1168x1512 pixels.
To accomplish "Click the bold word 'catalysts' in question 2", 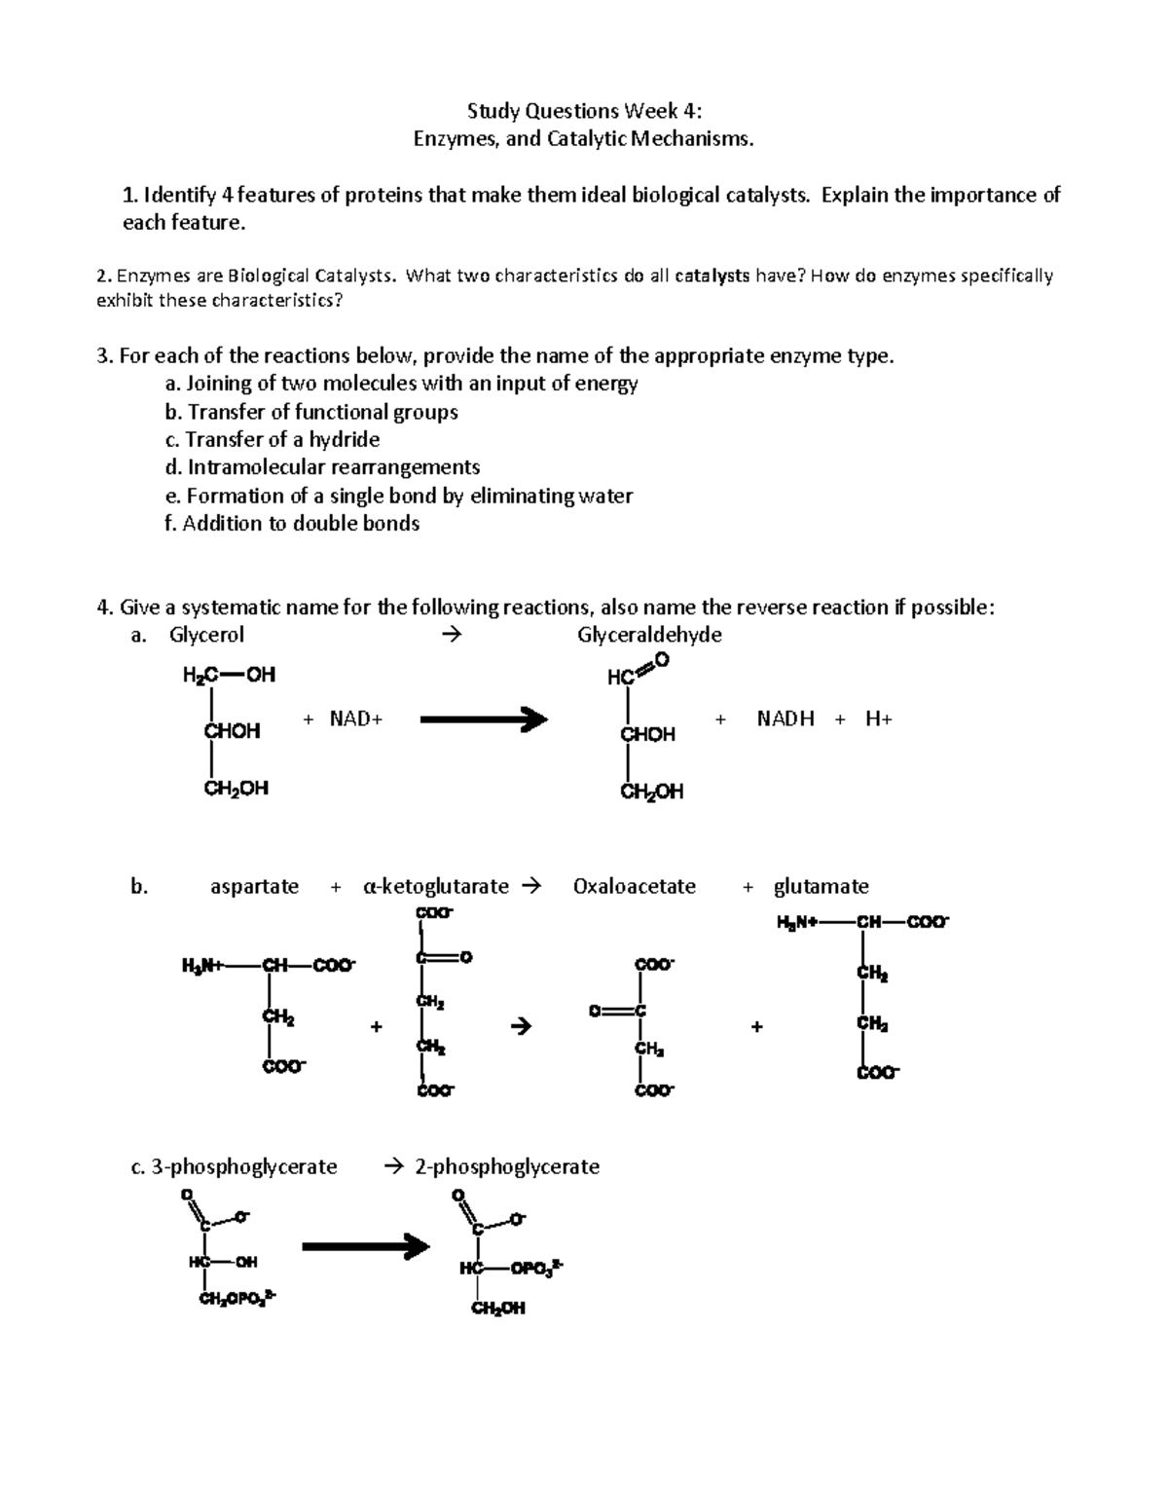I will click(x=712, y=276).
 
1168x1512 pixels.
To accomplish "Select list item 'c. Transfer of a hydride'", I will click(x=273, y=439).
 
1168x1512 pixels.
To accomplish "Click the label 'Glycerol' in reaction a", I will click(x=206, y=635).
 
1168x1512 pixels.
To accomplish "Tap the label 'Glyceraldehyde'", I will click(x=649, y=635).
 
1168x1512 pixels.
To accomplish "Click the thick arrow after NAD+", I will click(x=484, y=719).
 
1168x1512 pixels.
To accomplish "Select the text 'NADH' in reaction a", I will click(x=785, y=719).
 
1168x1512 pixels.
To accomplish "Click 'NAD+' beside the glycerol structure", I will click(x=356, y=719).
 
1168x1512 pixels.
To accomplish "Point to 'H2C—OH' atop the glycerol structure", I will click(x=229, y=674).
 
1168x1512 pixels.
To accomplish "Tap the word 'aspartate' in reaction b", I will click(x=254, y=886).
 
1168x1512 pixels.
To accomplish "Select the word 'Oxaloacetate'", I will click(x=635, y=886).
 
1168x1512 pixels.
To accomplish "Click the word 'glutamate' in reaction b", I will click(x=821, y=886).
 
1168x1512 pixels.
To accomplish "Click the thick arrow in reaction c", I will click(x=366, y=1245).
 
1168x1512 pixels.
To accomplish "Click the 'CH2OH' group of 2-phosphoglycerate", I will click(x=497, y=1309).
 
